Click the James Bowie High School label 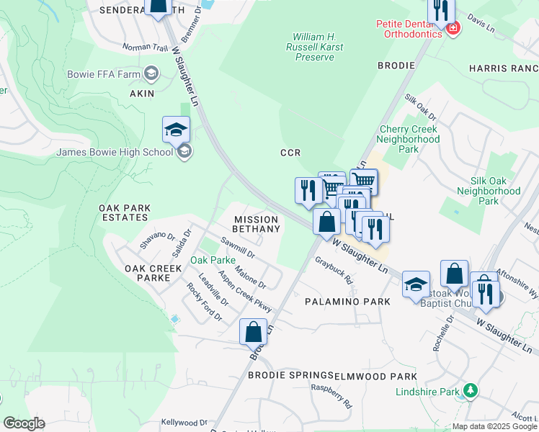(x=115, y=152)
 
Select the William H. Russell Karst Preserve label (x=318, y=47)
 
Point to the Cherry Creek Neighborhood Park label (x=409, y=140)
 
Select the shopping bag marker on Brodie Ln (x=253, y=332)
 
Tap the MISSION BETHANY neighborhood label (x=256, y=224)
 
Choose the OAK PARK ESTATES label (x=125, y=213)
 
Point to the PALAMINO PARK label (x=347, y=302)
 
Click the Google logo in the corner (x=24, y=423)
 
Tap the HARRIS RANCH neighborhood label (x=503, y=68)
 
